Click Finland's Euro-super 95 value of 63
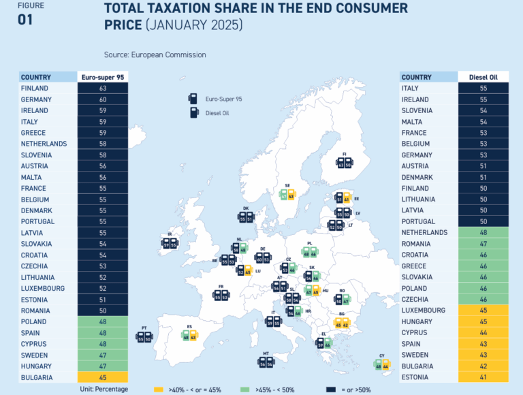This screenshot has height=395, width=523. [x=103, y=88]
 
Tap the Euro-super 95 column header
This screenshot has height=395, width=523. [x=103, y=77]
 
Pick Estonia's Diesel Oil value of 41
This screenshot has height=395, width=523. [x=483, y=377]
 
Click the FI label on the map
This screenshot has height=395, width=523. [x=345, y=155]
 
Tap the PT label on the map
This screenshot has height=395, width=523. [x=144, y=328]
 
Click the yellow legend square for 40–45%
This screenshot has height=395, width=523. [x=158, y=389]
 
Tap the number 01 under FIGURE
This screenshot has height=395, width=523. [x=25, y=20]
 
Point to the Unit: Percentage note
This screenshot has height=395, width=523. [x=104, y=389]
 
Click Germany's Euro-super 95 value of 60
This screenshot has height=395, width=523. [x=103, y=99]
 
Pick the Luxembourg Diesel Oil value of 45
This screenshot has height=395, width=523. [x=483, y=310]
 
